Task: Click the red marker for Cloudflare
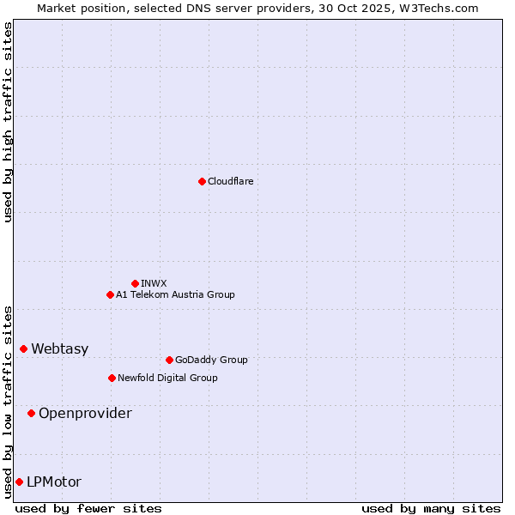(202, 181)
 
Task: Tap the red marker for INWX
(135, 283)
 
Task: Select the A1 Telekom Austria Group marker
(110, 294)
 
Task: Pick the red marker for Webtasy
(23, 348)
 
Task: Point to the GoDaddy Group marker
(169, 360)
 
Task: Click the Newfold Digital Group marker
(112, 378)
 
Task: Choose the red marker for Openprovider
(31, 413)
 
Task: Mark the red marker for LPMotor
(19, 482)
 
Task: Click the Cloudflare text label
(231, 181)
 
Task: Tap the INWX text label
(154, 283)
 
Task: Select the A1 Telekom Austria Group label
(175, 294)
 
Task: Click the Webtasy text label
(60, 348)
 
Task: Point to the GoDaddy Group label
(211, 360)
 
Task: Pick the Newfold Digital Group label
(167, 378)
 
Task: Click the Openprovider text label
(85, 413)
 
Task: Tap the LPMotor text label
(54, 482)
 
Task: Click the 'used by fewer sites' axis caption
(88, 508)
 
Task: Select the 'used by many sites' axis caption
(431, 508)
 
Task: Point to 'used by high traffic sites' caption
(8, 123)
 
